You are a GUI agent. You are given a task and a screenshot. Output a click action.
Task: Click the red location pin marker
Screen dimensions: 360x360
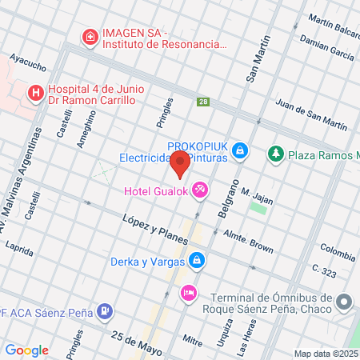tap(180, 162)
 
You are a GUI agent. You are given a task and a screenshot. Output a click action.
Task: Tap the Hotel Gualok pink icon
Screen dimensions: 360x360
tap(201, 190)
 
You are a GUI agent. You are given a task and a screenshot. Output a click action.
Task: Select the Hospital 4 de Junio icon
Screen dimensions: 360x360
tap(36, 94)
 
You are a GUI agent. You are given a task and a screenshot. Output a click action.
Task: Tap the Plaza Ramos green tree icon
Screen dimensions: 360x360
tap(276, 152)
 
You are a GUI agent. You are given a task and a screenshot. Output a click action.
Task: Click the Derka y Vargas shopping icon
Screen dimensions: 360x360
tap(196, 260)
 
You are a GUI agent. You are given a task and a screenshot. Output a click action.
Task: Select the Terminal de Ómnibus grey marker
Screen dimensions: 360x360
tap(344, 302)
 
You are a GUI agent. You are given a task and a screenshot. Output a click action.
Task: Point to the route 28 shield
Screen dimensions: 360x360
tap(203, 102)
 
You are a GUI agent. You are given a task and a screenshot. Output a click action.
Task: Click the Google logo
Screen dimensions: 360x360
tap(26, 350)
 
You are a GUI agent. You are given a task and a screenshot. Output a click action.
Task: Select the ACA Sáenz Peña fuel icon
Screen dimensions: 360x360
tap(104, 310)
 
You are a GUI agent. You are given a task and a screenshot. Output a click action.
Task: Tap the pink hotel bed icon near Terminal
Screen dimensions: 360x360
tap(188, 292)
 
